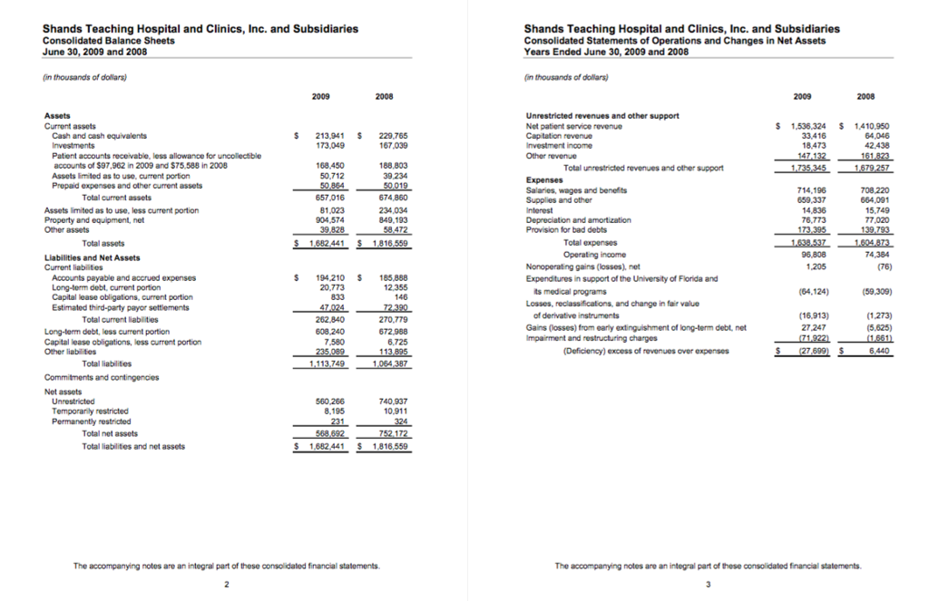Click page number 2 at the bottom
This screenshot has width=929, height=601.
[226, 583]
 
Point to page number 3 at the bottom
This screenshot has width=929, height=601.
[708, 583]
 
